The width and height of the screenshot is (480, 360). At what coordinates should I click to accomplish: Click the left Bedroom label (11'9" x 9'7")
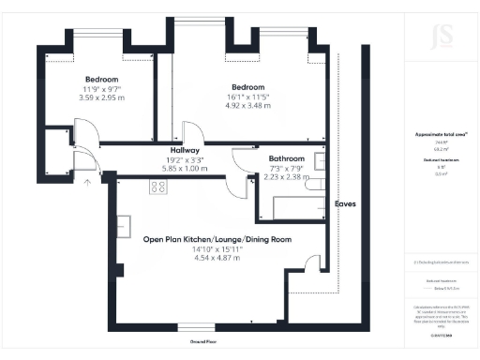point(100,80)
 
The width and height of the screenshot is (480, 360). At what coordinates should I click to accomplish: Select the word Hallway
point(185,150)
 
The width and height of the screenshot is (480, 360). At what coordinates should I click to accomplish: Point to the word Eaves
point(345,203)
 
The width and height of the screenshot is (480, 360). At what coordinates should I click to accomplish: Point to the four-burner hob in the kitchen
point(156,187)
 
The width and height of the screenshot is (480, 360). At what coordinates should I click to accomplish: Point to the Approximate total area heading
point(432,134)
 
